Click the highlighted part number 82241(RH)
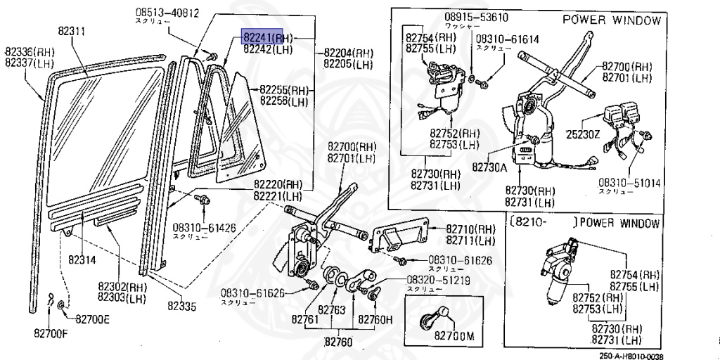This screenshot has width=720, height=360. [268, 37]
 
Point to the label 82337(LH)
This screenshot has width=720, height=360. [30, 62]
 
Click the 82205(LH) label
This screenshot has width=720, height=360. [348, 64]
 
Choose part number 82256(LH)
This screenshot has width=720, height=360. [285, 101]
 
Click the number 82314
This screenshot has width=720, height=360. [82, 259]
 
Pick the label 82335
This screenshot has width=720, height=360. [181, 307]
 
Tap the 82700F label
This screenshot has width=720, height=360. [51, 333]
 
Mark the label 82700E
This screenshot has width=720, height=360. [92, 319]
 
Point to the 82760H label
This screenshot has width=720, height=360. [376, 320]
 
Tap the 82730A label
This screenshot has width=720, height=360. [490, 167]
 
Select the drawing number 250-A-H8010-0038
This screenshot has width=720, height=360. [631, 356]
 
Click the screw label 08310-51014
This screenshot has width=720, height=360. [629, 183]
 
